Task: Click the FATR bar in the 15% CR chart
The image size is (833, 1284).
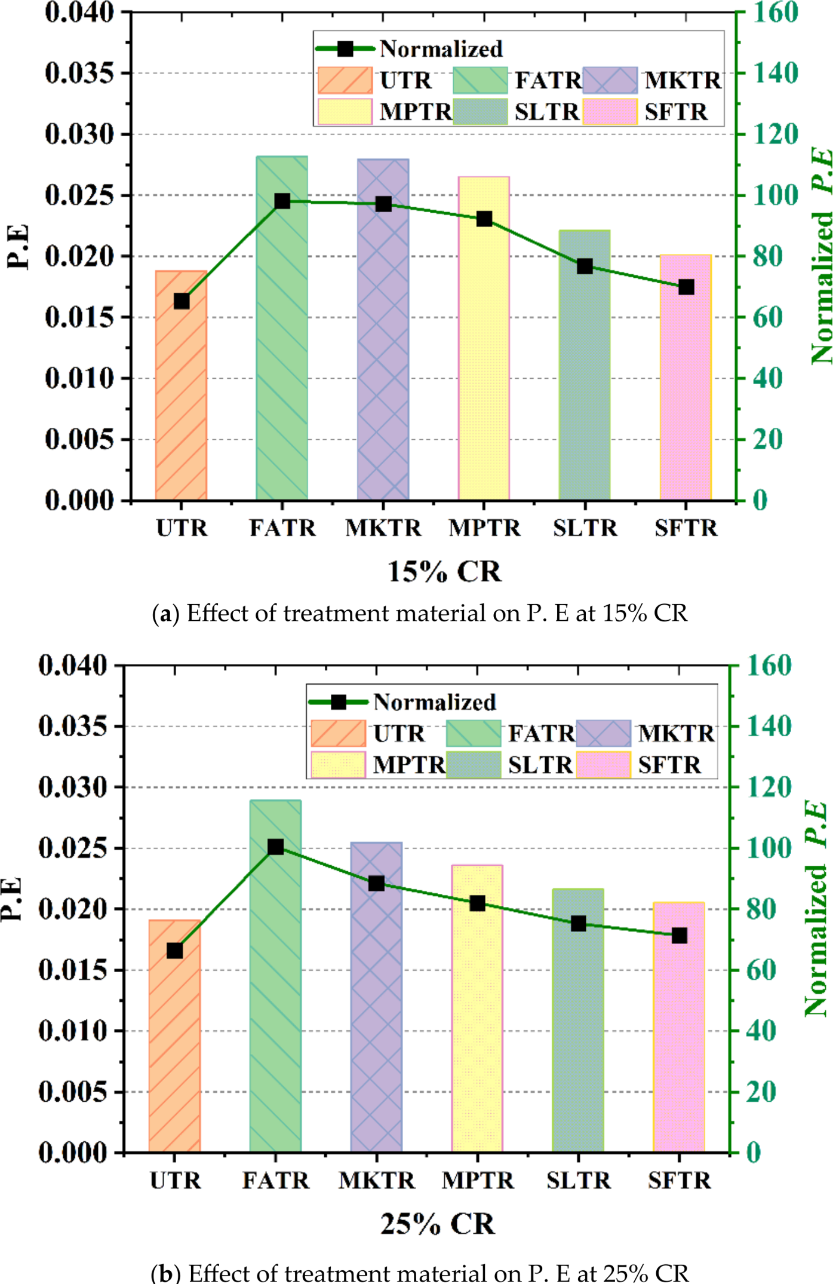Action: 282,358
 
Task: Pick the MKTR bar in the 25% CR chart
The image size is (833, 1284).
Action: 376,1016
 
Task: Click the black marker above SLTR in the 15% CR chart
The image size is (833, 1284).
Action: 585,266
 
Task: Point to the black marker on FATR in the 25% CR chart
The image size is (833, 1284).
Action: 275,847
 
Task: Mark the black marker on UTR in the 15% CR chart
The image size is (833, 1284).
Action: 182,302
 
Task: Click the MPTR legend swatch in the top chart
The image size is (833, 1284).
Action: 345,112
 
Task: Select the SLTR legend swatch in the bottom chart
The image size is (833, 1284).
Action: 473,765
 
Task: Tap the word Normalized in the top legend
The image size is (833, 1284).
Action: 441,49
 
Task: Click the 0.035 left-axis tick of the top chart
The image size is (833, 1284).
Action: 79,73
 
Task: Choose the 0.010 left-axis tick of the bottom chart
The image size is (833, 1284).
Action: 72,1030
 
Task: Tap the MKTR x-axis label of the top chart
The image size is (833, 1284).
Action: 383,528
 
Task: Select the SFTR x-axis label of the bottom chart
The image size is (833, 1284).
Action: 680,1181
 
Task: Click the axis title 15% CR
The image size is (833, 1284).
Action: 444,572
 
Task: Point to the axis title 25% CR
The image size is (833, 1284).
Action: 438,1224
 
